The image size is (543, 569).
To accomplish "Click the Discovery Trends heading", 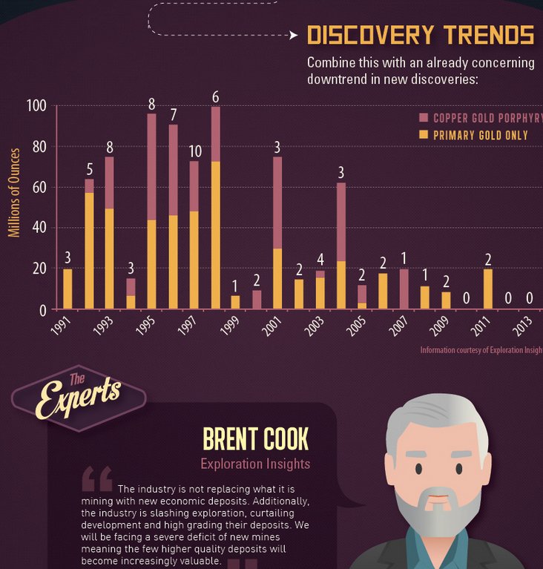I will (x=420, y=35).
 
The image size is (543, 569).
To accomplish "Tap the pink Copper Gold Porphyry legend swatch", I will (x=424, y=118).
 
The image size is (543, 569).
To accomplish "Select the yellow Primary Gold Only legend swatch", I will (x=424, y=135).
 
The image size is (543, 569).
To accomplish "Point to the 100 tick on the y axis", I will (x=37, y=106).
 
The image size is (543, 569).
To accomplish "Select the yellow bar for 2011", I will (x=487, y=289).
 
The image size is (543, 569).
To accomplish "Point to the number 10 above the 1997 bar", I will (x=194, y=151).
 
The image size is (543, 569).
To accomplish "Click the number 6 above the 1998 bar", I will (x=215, y=96).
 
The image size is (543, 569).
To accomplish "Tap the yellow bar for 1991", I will (x=68, y=289).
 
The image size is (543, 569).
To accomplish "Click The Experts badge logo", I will (x=78, y=398).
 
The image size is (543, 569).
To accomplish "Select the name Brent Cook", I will (x=255, y=439).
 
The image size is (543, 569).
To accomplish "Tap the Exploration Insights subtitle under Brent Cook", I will (x=254, y=464).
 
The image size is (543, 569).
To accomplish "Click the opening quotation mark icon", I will (x=97, y=478).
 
